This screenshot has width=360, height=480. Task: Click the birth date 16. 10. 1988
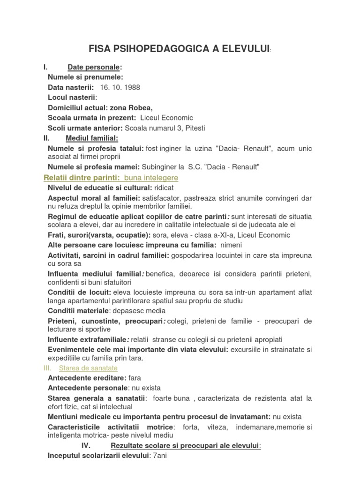[x=120, y=87]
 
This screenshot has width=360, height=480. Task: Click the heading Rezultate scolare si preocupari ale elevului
[x=185, y=446]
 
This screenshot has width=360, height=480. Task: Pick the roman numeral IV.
[x=90, y=446]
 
